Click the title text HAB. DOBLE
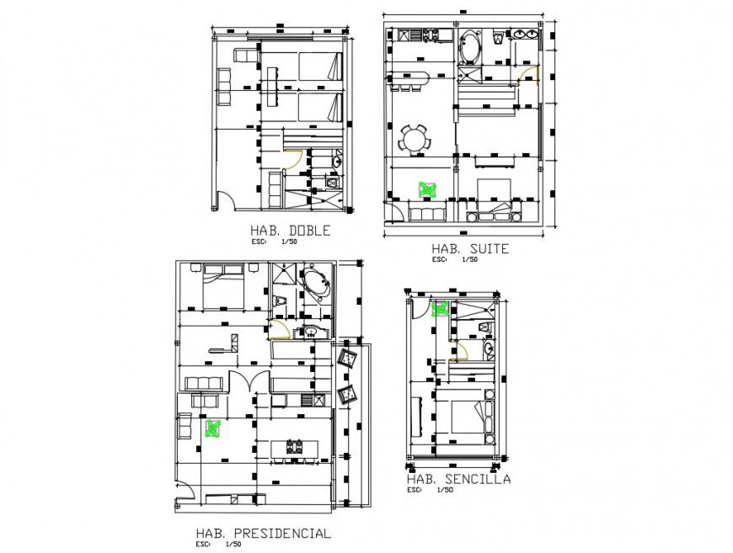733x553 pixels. (289, 231)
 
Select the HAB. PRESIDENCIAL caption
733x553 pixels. (263, 533)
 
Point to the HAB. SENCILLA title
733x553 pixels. (458, 479)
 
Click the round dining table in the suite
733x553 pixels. (415, 138)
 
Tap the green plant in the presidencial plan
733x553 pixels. (213, 429)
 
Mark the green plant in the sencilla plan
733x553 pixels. (440, 308)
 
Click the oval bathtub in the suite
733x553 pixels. (469, 47)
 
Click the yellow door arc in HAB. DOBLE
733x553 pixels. (293, 160)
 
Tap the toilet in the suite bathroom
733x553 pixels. (498, 37)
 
